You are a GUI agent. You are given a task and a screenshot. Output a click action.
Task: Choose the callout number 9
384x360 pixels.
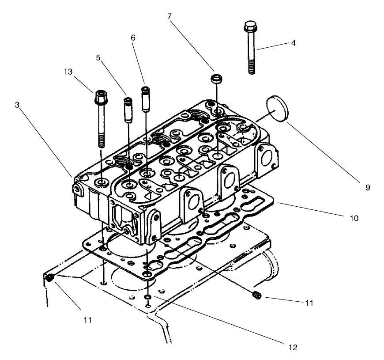(368, 187)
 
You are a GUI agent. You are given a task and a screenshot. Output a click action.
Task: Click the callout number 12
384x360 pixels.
(292, 348)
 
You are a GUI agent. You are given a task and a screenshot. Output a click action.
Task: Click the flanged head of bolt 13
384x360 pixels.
(99, 96)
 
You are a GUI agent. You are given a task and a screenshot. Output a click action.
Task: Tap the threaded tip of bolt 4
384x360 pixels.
(252, 69)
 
